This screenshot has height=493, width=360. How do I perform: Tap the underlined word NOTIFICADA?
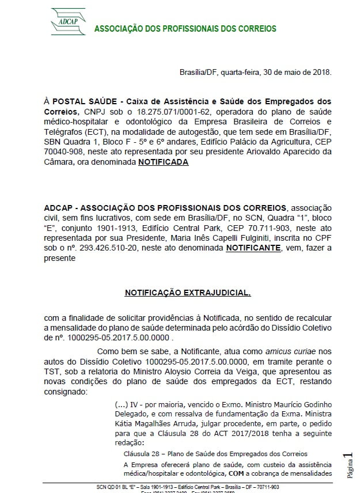163,162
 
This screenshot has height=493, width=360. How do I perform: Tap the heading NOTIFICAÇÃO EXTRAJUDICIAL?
188,293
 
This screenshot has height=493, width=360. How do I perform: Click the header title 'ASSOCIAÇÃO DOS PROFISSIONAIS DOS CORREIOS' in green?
185,29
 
